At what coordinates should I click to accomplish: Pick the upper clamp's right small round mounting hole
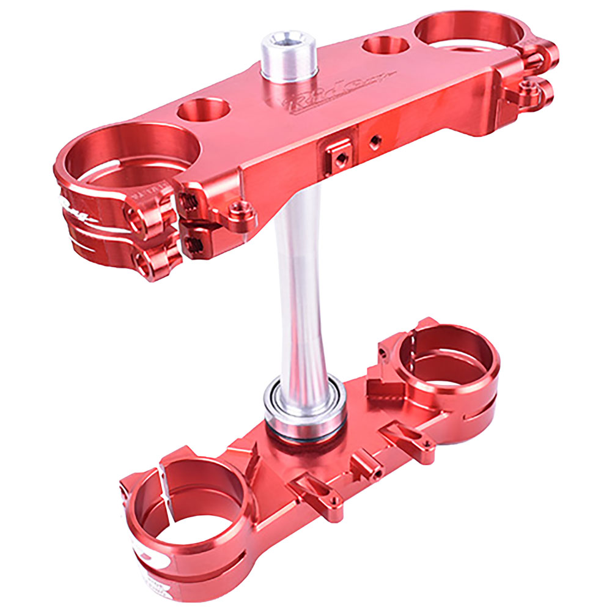click(382, 46)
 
